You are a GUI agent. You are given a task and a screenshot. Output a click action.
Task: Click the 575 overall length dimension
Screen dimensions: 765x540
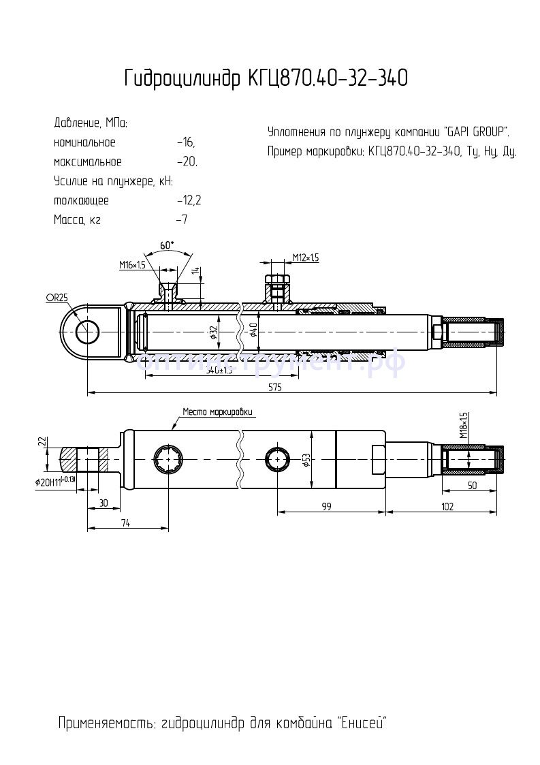coord(274,387)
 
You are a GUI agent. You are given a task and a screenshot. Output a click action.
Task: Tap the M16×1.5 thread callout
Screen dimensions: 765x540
coord(133,264)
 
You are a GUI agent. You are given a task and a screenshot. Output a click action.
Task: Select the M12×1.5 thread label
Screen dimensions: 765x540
coord(306,257)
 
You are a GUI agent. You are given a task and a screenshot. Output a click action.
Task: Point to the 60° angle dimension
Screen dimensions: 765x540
coord(167,245)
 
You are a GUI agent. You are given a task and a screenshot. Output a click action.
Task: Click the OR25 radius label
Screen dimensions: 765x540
coord(57,297)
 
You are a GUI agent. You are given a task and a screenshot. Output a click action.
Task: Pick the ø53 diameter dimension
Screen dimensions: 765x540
coord(306,461)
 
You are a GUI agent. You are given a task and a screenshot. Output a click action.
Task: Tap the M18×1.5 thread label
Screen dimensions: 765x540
coord(464,426)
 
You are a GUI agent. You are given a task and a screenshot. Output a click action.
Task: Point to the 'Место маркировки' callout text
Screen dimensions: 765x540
coord(217,412)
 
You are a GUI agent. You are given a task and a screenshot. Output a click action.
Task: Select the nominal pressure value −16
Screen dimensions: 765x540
coord(185,143)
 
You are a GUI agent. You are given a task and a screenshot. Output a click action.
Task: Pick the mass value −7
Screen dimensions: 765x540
coord(181,220)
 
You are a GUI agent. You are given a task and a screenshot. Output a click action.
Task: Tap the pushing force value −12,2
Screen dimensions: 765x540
coord(189,201)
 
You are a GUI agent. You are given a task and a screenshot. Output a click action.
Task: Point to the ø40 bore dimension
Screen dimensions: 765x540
coord(253,332)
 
